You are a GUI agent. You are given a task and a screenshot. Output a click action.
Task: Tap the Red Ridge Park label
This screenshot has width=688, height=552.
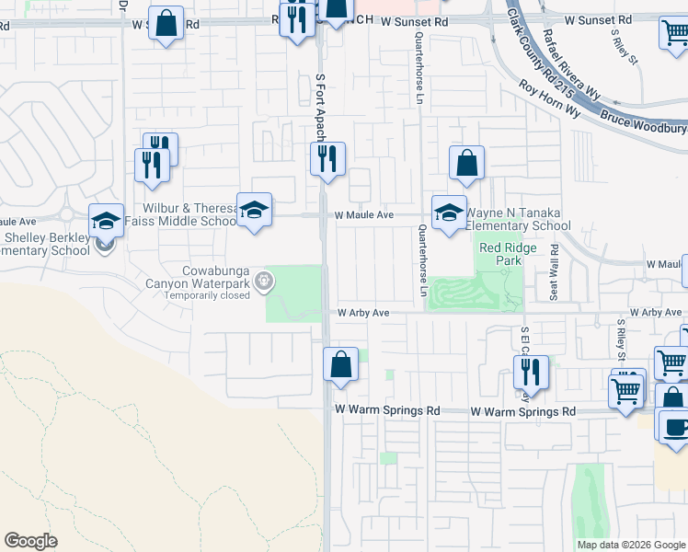(500, 254)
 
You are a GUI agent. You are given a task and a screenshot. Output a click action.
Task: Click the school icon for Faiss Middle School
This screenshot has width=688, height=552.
(254, 210)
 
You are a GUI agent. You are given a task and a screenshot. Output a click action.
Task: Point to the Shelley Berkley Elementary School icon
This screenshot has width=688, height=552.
(106, 221)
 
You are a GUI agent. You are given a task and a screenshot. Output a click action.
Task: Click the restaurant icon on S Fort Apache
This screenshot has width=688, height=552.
(327, 159)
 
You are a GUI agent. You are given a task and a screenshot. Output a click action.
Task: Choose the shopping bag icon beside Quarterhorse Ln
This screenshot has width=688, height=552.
(466, 163)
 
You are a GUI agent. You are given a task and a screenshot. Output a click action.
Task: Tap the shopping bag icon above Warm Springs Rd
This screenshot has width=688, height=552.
(340, 363)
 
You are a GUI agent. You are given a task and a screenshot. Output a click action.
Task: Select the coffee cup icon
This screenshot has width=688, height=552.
(675, 428)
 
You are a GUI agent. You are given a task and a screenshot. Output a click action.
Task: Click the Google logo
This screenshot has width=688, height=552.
(30, 541)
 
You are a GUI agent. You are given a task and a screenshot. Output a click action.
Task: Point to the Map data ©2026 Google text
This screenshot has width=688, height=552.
(631, 545)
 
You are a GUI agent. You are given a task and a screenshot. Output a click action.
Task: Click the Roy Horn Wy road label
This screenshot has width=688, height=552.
(549, 98)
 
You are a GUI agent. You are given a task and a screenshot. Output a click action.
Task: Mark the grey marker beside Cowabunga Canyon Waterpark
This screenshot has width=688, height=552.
(265, 282)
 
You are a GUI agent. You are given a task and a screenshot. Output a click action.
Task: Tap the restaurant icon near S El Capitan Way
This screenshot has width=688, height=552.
(531, 373)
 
